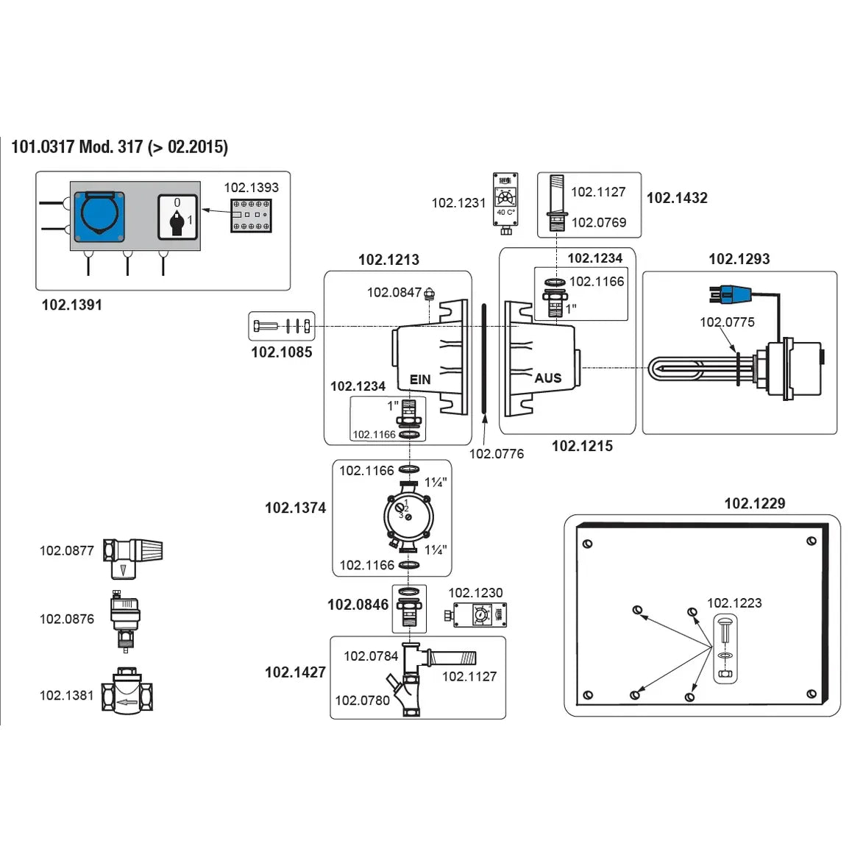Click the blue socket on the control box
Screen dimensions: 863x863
point(99,216)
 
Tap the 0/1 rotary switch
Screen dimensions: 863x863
point(177,217)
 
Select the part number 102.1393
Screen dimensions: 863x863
point(251,188)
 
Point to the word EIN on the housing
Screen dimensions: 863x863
point(420,380)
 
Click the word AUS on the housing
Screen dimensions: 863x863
point(547,378)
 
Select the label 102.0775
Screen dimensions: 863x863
point(727,322)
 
